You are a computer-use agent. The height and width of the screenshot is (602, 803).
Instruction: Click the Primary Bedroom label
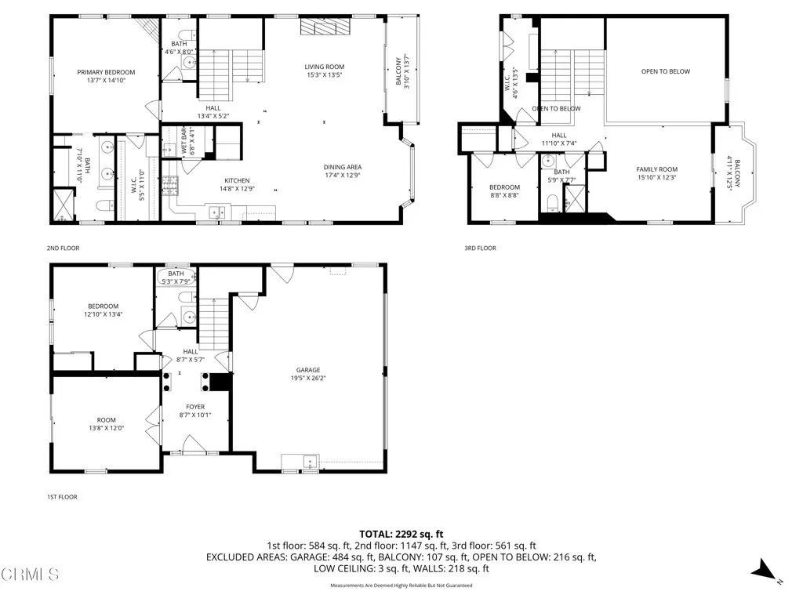[x=106, y=72]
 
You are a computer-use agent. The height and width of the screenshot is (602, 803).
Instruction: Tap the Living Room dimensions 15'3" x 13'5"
[x=325, y=76]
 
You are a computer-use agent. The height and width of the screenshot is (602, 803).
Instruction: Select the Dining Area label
[x=343, y=167]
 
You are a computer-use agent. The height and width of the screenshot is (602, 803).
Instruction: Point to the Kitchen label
[x=237, y=181]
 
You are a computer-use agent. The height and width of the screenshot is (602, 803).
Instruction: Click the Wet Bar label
[x=184, y=138]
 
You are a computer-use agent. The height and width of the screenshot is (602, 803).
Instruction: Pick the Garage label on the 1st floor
[x=307, y=370]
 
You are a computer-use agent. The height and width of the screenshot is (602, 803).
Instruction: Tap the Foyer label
[x=195, y=407]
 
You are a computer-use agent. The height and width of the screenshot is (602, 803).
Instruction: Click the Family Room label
[x=656, y=169]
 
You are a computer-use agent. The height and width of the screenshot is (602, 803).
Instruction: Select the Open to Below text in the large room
[x=666, y=71]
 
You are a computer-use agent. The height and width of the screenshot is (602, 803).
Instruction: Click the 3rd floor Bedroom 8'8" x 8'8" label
[x=504, y=187]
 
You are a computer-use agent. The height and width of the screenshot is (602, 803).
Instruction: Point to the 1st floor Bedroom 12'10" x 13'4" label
[x=103, y=306]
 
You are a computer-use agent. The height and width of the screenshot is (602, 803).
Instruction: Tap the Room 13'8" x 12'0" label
[x=106, y=419]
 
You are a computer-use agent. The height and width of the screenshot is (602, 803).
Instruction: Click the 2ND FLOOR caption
[x=63, y=248]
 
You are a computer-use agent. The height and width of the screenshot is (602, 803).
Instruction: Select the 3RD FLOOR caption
[x=480, y=248]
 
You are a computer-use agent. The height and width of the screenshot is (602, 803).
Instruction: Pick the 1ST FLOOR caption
[x=62, y=497]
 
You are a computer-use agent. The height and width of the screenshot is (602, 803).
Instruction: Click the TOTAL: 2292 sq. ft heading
[x=401, y=534]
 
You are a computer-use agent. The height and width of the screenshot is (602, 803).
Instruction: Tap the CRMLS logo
[x=30, y=575]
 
